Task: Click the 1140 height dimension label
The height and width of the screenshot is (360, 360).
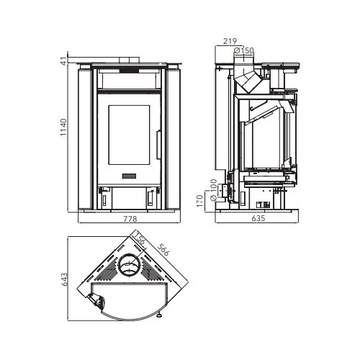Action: pyautogui.click(x=63, y=127)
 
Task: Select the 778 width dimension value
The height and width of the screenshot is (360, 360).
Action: pyautogui.click(x=130, y=219)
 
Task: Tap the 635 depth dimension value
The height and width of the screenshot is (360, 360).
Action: pyautogui.click(x=258, y=218)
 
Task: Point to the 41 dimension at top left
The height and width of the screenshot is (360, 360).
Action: pyautogui.click(x=63, y=61)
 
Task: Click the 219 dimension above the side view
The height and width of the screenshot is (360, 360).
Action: pyautogui.click(x=230, y=41)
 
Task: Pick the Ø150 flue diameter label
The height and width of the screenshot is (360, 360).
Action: pyautogui.click(x=243, y=50)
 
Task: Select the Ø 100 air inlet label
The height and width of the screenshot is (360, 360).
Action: pyautogui.click(x=213, y=190)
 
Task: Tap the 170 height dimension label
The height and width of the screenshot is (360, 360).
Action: pyautogui.click(x=199, y=201)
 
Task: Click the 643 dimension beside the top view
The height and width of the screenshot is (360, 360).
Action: pyautogui.click(x=65, y=279)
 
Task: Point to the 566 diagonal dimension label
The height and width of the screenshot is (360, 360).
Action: pyautogui.click(x=163, y=249)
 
